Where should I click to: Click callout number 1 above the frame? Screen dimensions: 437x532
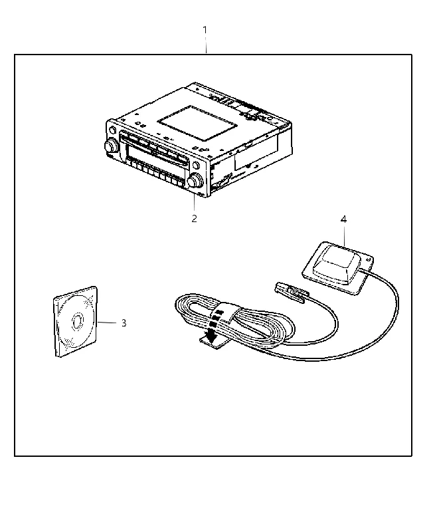click(205, 30)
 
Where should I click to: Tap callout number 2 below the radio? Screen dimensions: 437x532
click(194, 219)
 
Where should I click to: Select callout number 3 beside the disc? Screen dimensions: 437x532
click(124, 323)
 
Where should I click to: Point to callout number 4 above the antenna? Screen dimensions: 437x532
click(343, 219)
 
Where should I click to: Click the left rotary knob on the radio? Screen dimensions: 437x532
click(111, 146)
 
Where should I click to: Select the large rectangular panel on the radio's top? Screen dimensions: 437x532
click(197, 123)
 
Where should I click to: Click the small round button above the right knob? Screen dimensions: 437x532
click(195, 166)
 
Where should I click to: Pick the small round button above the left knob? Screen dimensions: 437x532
click(112, 130)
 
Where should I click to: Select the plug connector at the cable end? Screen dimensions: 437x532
click(291, 291)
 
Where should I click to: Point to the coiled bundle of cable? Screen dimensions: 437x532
click(234, 321)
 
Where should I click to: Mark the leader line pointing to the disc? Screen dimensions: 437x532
click(107, 323)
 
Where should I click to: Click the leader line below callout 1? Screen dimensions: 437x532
click(205, 45)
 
